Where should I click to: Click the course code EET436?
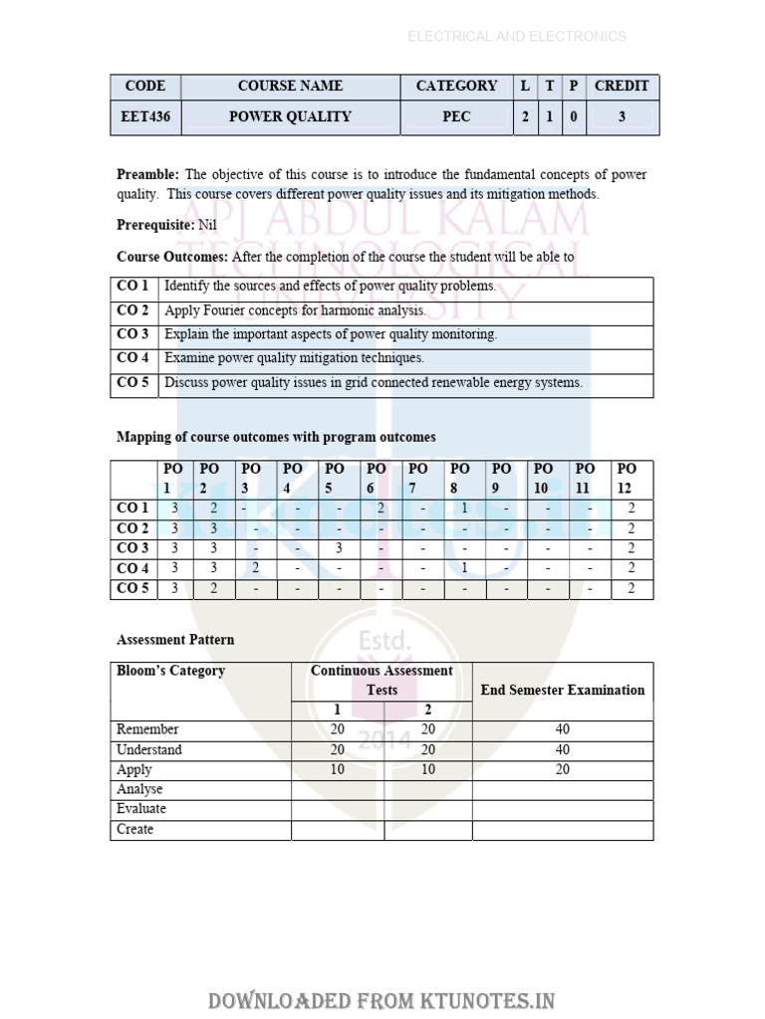click(x=145, y=116)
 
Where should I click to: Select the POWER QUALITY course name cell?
click(x=290, y=116)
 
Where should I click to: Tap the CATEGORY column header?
click(x=456, y=86)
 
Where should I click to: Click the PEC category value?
click(x=456, y=116)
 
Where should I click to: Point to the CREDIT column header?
click(x=622, y=86)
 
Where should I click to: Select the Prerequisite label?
click(x=155, y=225)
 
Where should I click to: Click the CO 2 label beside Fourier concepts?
click(x=133, y=310)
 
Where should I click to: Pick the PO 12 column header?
click(x=627, y=478)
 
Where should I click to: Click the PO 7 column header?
click(x=418, y=478)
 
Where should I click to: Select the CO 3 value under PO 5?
click(x=339, y=548)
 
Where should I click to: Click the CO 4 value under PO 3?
click(x=255, y=568)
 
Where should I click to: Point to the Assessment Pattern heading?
click(x=175, y=639)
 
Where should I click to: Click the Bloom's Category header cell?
click(x=170, y=671)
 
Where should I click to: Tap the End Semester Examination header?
click(x=562, y=690)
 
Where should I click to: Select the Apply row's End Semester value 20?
click(x=563, y=769)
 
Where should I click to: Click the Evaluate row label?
click(x=141, y=809)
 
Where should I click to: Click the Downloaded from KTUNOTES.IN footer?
click(x=382, y=1000)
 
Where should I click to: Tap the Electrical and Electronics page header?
click(x=516, y=37)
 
